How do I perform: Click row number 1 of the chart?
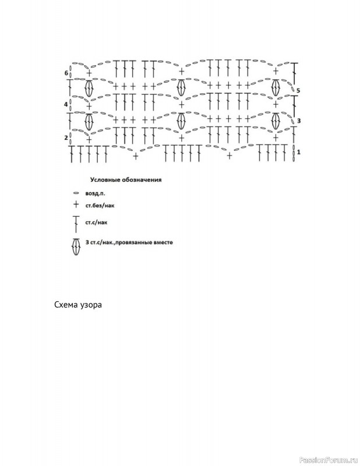pyautogui.click(x=298, y=152)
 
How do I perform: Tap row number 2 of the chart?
pyautogui.click(x=66, y=137)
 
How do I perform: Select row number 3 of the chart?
pyautogui.click(x=299, y=121)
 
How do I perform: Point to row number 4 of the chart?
pyautogui.click(x=66, y=104)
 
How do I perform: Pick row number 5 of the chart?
pyautogui.click(x=298, y=90)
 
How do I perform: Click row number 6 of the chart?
pyautogui.click(x=66, y=73)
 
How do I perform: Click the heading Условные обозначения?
pyautogui.click(x=126, y=180)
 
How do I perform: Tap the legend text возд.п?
pyautogui.click(x=95, y=193)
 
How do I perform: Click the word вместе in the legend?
pyautogui.click(x=163, y=242)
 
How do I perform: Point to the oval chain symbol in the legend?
pyautogui.click(x=76, y=193)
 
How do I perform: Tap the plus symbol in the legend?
pyautogui.click(x=76, y=204)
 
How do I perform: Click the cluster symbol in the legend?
pyautogui.click(x=76, y=247)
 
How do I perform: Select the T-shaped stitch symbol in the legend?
pyautogui.click(x=76, y=224)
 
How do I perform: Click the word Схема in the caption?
pyautogui.click(x=65, y=305)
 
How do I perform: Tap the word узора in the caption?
pyautogui.click(x=90, y=306)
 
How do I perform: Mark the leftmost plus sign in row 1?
pyautogui.click(x=136, y=156)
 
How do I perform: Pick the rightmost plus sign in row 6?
pyautogui.click(x=276, y=71)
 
